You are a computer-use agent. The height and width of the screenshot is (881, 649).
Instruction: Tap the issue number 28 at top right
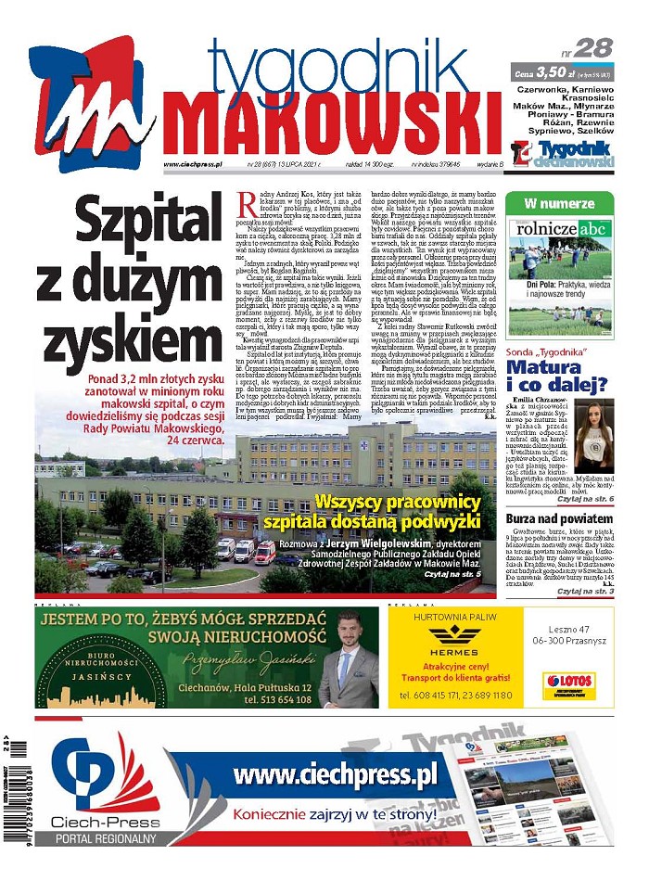tap(596, 49)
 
